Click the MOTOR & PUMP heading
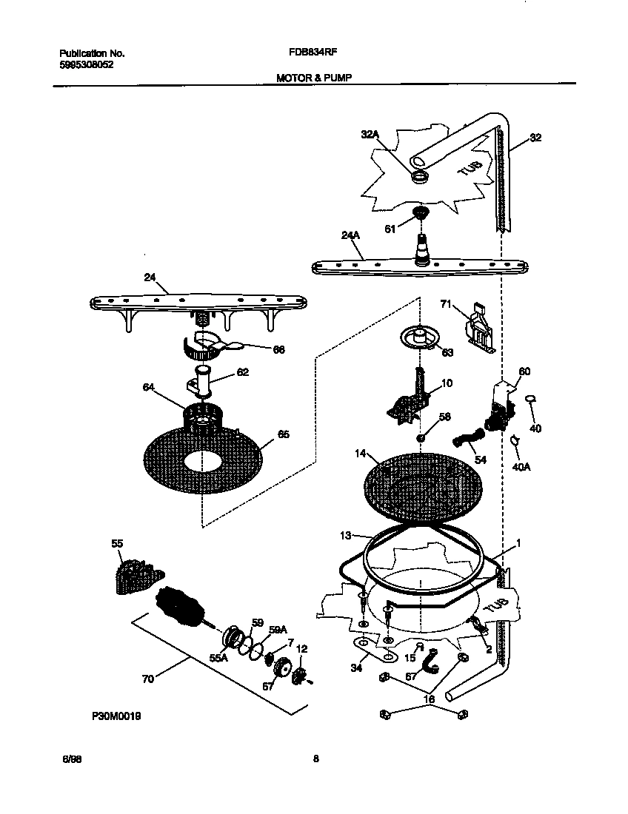[x=310, y=76]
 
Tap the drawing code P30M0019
[x=117, y=716]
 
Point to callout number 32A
[x=370, y=135]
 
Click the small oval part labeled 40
[x=530, y=400]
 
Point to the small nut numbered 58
[x=420, y=437]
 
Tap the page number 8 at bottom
[x=315, y=758]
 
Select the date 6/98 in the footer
[x=71, y=758]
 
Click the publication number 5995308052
[x=87, y=64]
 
